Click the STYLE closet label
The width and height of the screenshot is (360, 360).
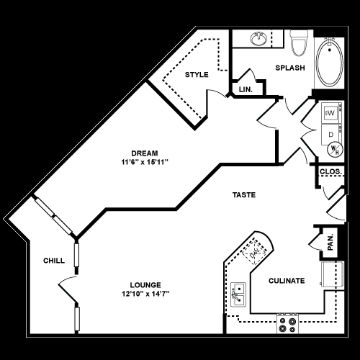197,75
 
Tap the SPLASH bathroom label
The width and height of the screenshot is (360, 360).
290,68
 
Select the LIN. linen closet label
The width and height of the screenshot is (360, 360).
246,89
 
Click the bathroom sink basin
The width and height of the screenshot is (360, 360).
258,38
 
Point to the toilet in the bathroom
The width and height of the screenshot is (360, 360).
299,42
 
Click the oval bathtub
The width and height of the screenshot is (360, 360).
330,63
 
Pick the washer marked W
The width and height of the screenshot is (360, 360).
331,113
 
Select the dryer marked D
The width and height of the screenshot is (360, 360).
330,135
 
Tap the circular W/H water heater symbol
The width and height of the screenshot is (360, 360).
335,150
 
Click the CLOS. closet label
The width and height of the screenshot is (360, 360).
330,171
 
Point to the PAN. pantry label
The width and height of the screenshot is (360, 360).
330,242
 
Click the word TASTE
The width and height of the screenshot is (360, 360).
244,195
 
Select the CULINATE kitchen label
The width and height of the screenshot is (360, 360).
287,281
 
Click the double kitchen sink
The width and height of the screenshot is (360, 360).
238,294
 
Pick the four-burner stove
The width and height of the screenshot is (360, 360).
287,324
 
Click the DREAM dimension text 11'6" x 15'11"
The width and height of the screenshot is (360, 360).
145,162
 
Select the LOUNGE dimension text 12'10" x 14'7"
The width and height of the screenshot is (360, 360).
145,294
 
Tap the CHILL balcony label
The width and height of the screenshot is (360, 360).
54,261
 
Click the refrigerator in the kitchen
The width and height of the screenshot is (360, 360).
333,274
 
